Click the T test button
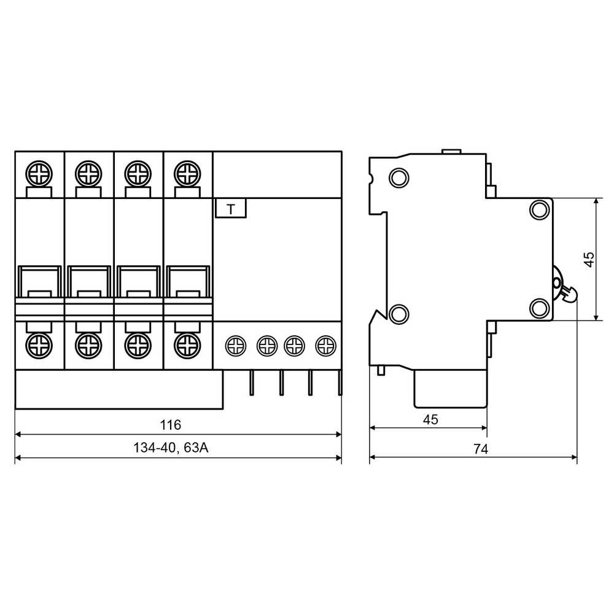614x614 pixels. point(231,208)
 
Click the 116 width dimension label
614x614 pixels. point(170,425)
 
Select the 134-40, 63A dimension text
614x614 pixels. point(171,448)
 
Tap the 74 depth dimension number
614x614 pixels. point(481,449)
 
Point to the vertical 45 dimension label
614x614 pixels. point(589,259)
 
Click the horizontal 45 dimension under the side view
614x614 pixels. point(430,420)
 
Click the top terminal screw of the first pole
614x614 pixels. point(39,174)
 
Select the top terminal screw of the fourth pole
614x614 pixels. point(187,174)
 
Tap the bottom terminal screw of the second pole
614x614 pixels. point(88,346)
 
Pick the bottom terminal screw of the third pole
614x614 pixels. point(138,346)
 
